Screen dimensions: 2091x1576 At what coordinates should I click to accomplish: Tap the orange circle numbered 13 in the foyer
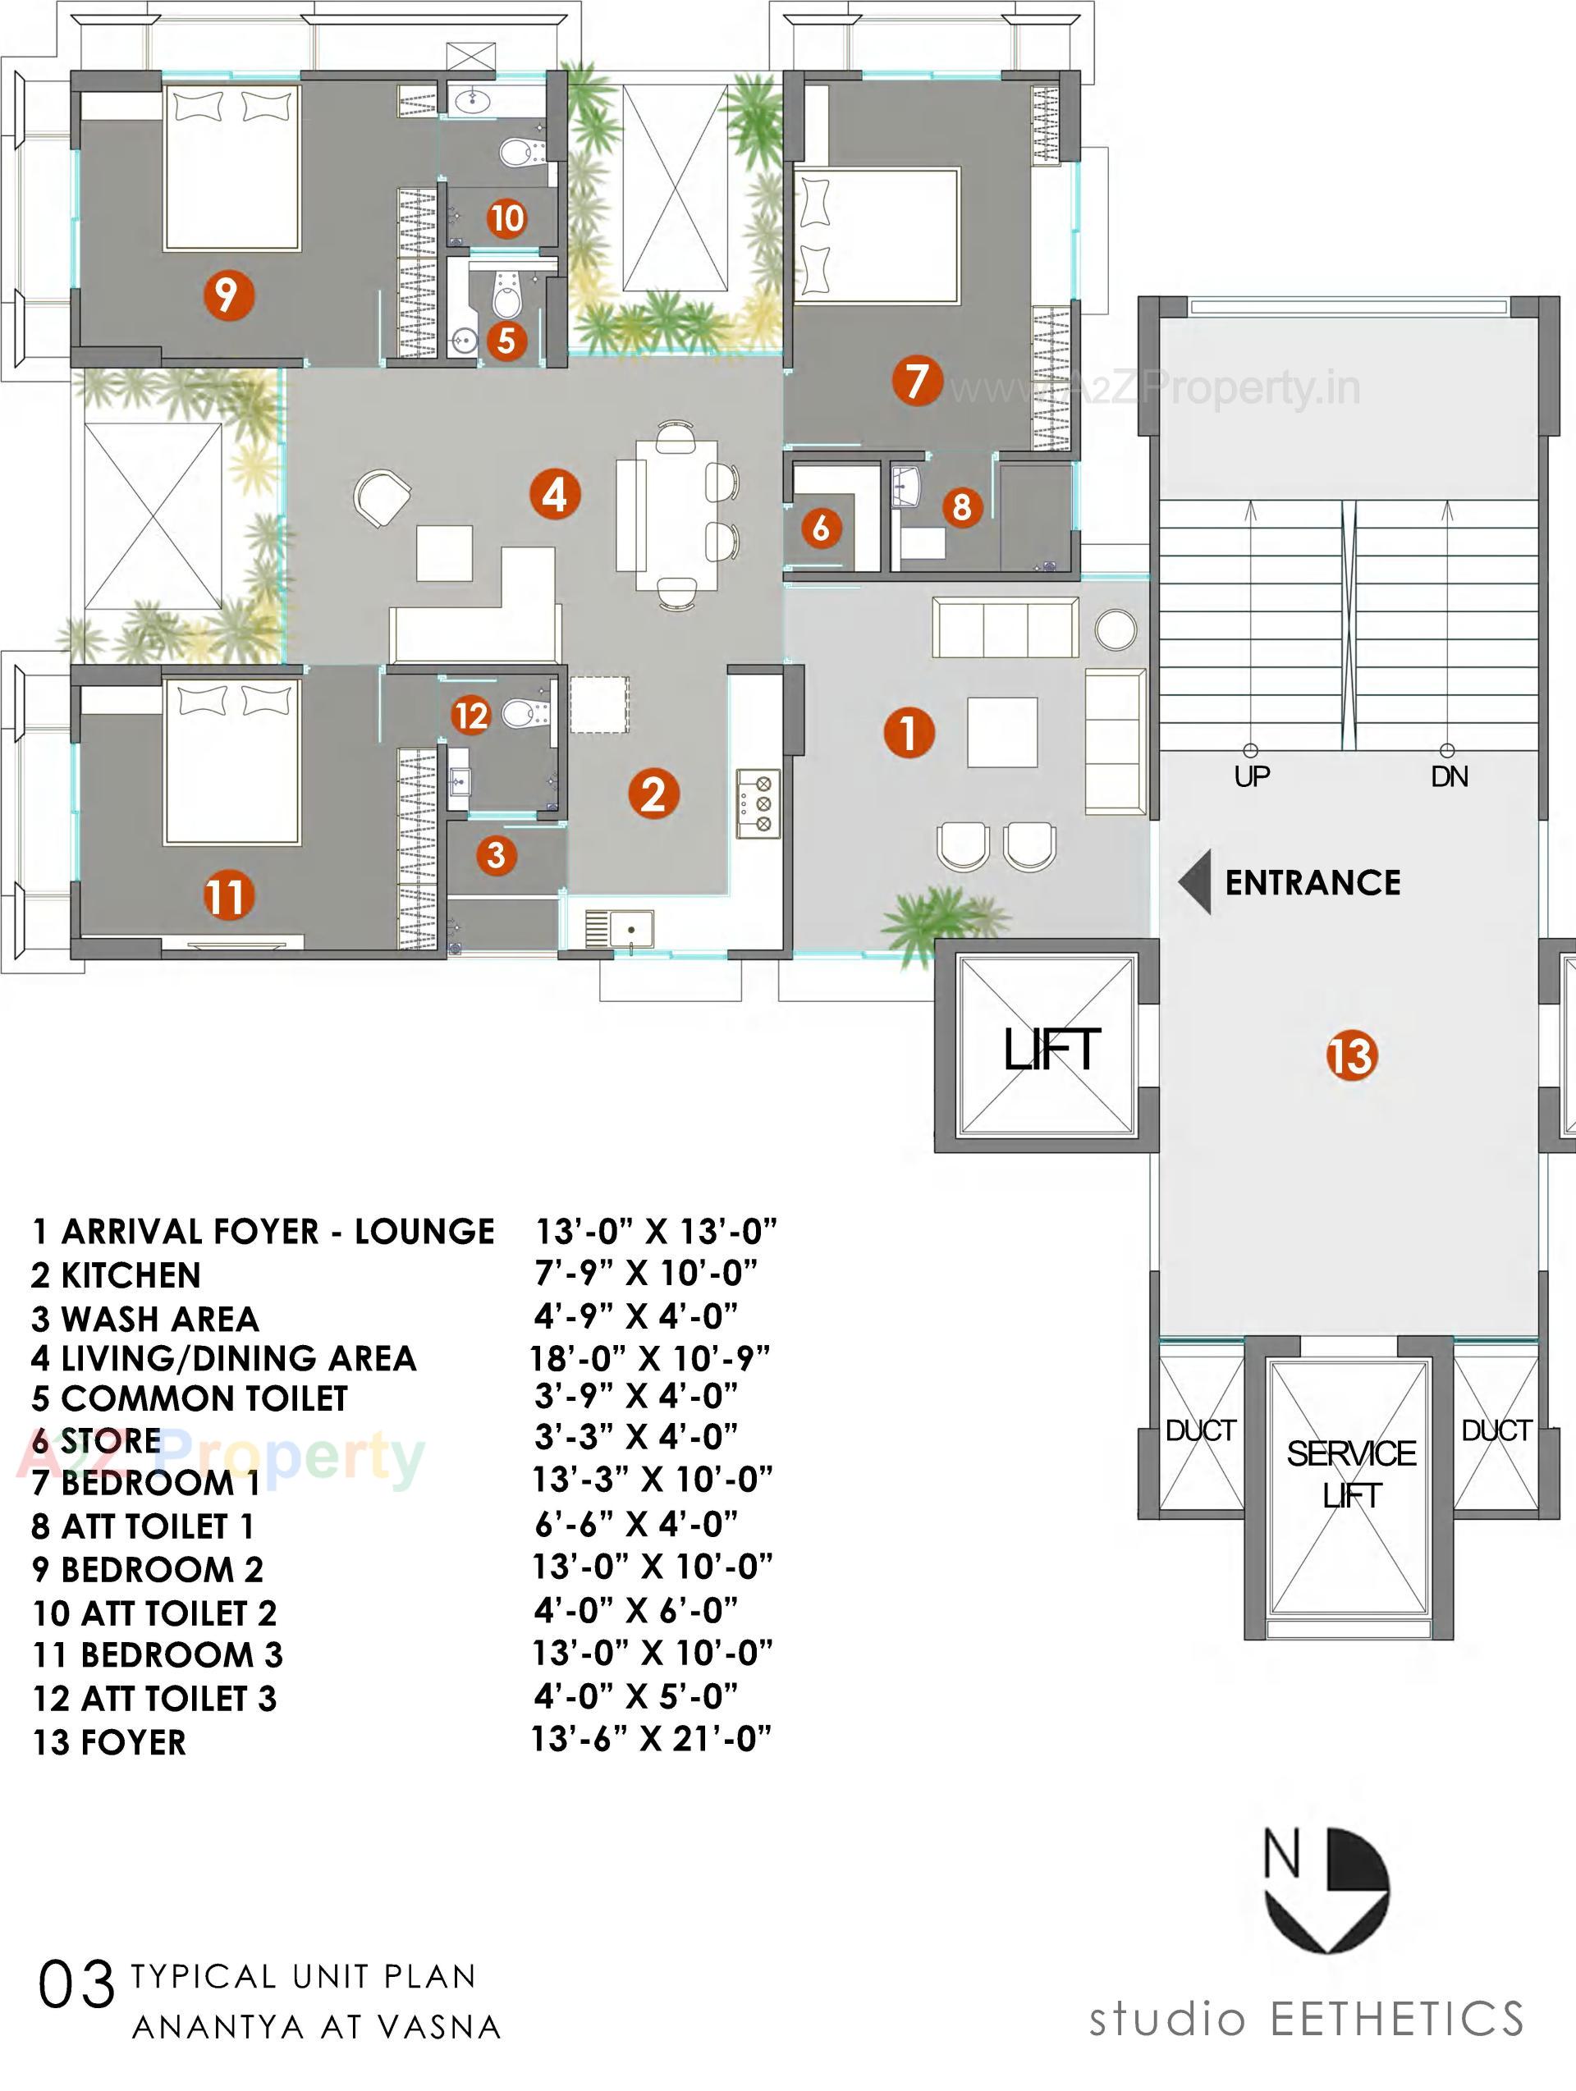coord(1351,1055)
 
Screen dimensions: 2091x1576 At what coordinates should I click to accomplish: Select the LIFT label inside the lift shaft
coord(1051,1050)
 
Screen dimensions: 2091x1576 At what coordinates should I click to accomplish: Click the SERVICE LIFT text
coord(1351,1474)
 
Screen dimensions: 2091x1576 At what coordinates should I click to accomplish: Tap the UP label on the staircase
coord(1251,777)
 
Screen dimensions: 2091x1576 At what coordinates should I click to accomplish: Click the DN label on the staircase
coord(1449,777)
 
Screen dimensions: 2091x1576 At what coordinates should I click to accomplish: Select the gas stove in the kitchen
coord(758,803)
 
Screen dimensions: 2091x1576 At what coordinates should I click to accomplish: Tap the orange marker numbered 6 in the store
coord(820,527)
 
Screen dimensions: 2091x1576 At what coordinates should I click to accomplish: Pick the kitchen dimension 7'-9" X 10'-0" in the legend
coord(646,1274)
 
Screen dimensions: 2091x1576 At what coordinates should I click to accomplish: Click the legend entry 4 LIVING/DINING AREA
coord(223,1358)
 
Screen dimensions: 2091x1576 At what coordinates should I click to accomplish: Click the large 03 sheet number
coord(76,1986)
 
